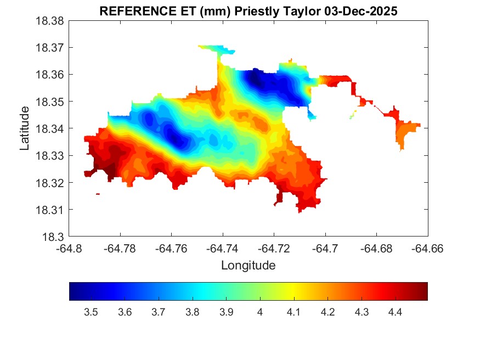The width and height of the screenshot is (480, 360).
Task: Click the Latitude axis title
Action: click(25, 129)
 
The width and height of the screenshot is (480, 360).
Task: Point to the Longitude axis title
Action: click(248, 266)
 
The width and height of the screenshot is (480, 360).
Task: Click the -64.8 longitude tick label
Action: click(69, 249)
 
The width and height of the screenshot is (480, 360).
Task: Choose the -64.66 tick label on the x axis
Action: click(427, 249)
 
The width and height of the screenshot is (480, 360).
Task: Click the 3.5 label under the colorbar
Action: click(91, 312)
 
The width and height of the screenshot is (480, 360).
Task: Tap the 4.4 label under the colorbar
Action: click(395, 312)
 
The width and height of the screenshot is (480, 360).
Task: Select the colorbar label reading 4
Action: click(259, 312)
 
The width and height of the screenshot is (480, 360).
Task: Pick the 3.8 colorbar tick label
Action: click(192, 312)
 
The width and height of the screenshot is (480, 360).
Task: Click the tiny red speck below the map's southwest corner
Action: click(98, 194)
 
